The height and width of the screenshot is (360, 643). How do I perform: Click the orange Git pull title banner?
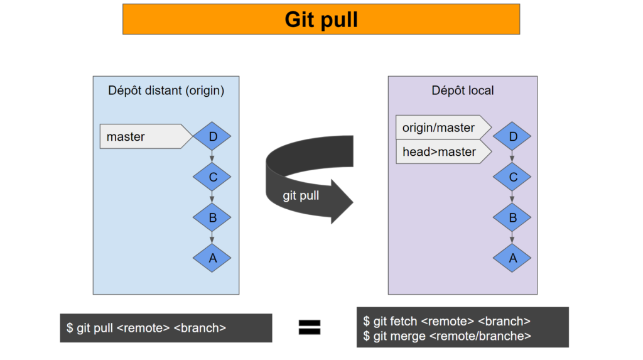321,19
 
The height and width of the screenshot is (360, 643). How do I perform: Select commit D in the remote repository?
212,136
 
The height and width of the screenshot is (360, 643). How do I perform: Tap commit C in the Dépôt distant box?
212,177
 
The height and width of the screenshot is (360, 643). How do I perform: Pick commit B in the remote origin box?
212,218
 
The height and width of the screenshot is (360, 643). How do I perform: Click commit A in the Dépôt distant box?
212,258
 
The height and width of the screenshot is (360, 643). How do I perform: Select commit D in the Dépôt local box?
512,136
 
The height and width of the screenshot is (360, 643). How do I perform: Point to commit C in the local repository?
512,177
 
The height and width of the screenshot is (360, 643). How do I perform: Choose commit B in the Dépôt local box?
512,218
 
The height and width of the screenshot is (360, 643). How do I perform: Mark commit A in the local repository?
512,258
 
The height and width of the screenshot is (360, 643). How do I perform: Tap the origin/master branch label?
440,128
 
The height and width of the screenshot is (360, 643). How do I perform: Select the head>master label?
440,151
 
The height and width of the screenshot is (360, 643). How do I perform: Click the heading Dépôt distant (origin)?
166,90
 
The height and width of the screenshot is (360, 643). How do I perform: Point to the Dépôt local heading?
462,90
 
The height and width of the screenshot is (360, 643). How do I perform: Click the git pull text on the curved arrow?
301,195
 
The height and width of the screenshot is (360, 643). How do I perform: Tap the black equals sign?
309,327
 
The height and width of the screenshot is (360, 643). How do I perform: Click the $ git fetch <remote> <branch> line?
447,321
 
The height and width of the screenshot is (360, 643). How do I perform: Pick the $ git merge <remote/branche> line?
447,336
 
